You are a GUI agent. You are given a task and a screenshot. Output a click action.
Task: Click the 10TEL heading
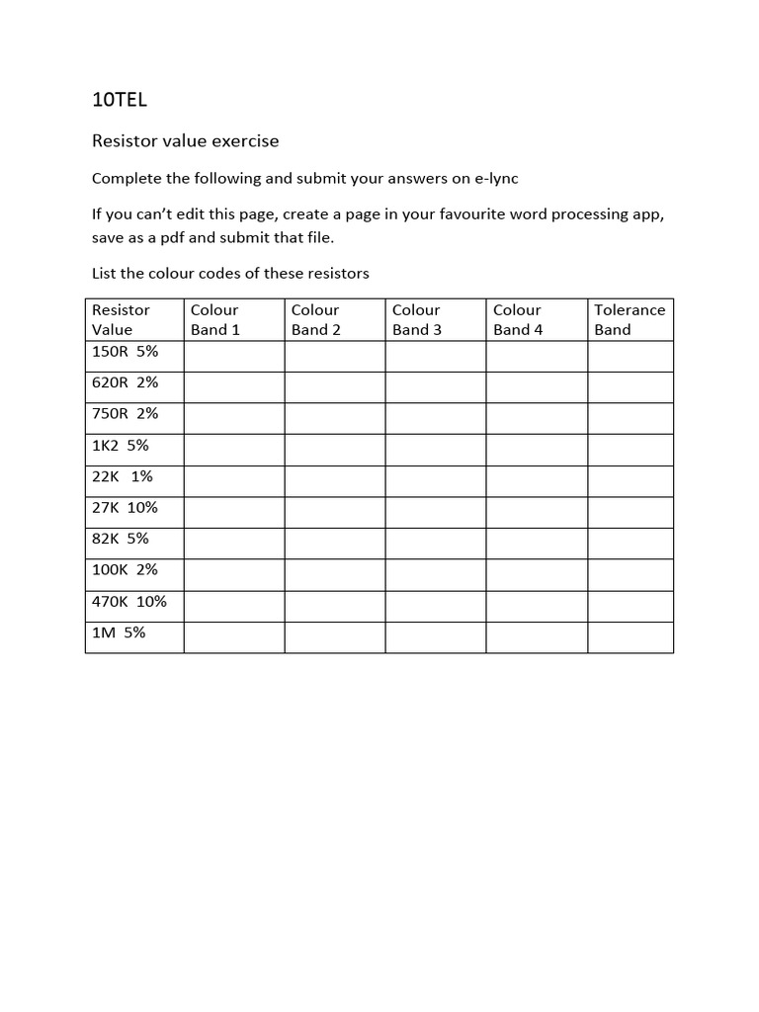pos(119,99)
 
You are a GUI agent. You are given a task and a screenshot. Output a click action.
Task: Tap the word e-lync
pos(496,179)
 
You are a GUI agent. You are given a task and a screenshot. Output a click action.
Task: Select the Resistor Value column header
pos(121,319)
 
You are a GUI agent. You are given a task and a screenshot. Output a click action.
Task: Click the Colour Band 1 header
pos(215,319)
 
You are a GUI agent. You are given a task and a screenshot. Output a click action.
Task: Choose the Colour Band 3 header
pos(417,319)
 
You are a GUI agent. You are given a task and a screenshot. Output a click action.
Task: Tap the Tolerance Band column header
pos(630,319)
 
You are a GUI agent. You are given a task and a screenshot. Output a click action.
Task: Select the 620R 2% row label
pos(125,382)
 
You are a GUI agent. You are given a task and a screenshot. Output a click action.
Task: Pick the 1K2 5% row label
pos(121,445)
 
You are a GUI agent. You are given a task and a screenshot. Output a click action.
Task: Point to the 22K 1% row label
pos(123,476)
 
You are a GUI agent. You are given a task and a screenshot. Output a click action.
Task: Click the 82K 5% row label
pos(121,539)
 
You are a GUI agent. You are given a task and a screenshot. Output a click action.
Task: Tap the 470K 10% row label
pos(129,601)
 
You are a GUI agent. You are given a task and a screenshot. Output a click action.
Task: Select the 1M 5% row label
pos(119,632)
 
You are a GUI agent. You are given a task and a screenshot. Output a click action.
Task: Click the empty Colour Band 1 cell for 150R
pos(234,357)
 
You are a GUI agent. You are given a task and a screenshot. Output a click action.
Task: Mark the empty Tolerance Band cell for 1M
pos(631,637)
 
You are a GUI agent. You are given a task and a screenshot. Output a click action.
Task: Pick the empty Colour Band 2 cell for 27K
pos(335,513)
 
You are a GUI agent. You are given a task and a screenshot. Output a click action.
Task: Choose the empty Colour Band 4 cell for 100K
pos(537,575)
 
